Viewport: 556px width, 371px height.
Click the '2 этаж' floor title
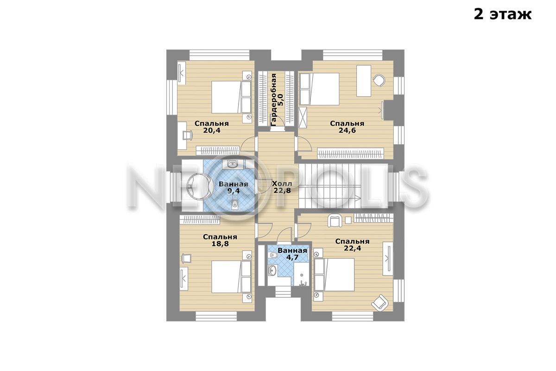point(503,14)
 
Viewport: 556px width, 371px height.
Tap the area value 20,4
point(212,130)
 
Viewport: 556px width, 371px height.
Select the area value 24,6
point(347,130)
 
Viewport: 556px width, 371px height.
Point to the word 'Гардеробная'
point(273,100)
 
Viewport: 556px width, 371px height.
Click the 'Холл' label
point(282,184)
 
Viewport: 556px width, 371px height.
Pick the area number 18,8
point(220,244)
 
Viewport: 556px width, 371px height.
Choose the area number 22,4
point(353,248)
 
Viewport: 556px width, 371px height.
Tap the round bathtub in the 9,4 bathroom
point(198,186)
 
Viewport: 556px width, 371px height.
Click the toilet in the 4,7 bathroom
point(273,255)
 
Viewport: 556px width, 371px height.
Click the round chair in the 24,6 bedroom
point(379,80)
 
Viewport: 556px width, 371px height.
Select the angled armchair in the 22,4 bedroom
point(380,303)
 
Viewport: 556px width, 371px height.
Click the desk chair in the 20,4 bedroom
point(188,135)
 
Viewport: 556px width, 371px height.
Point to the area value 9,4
point(234,191)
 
